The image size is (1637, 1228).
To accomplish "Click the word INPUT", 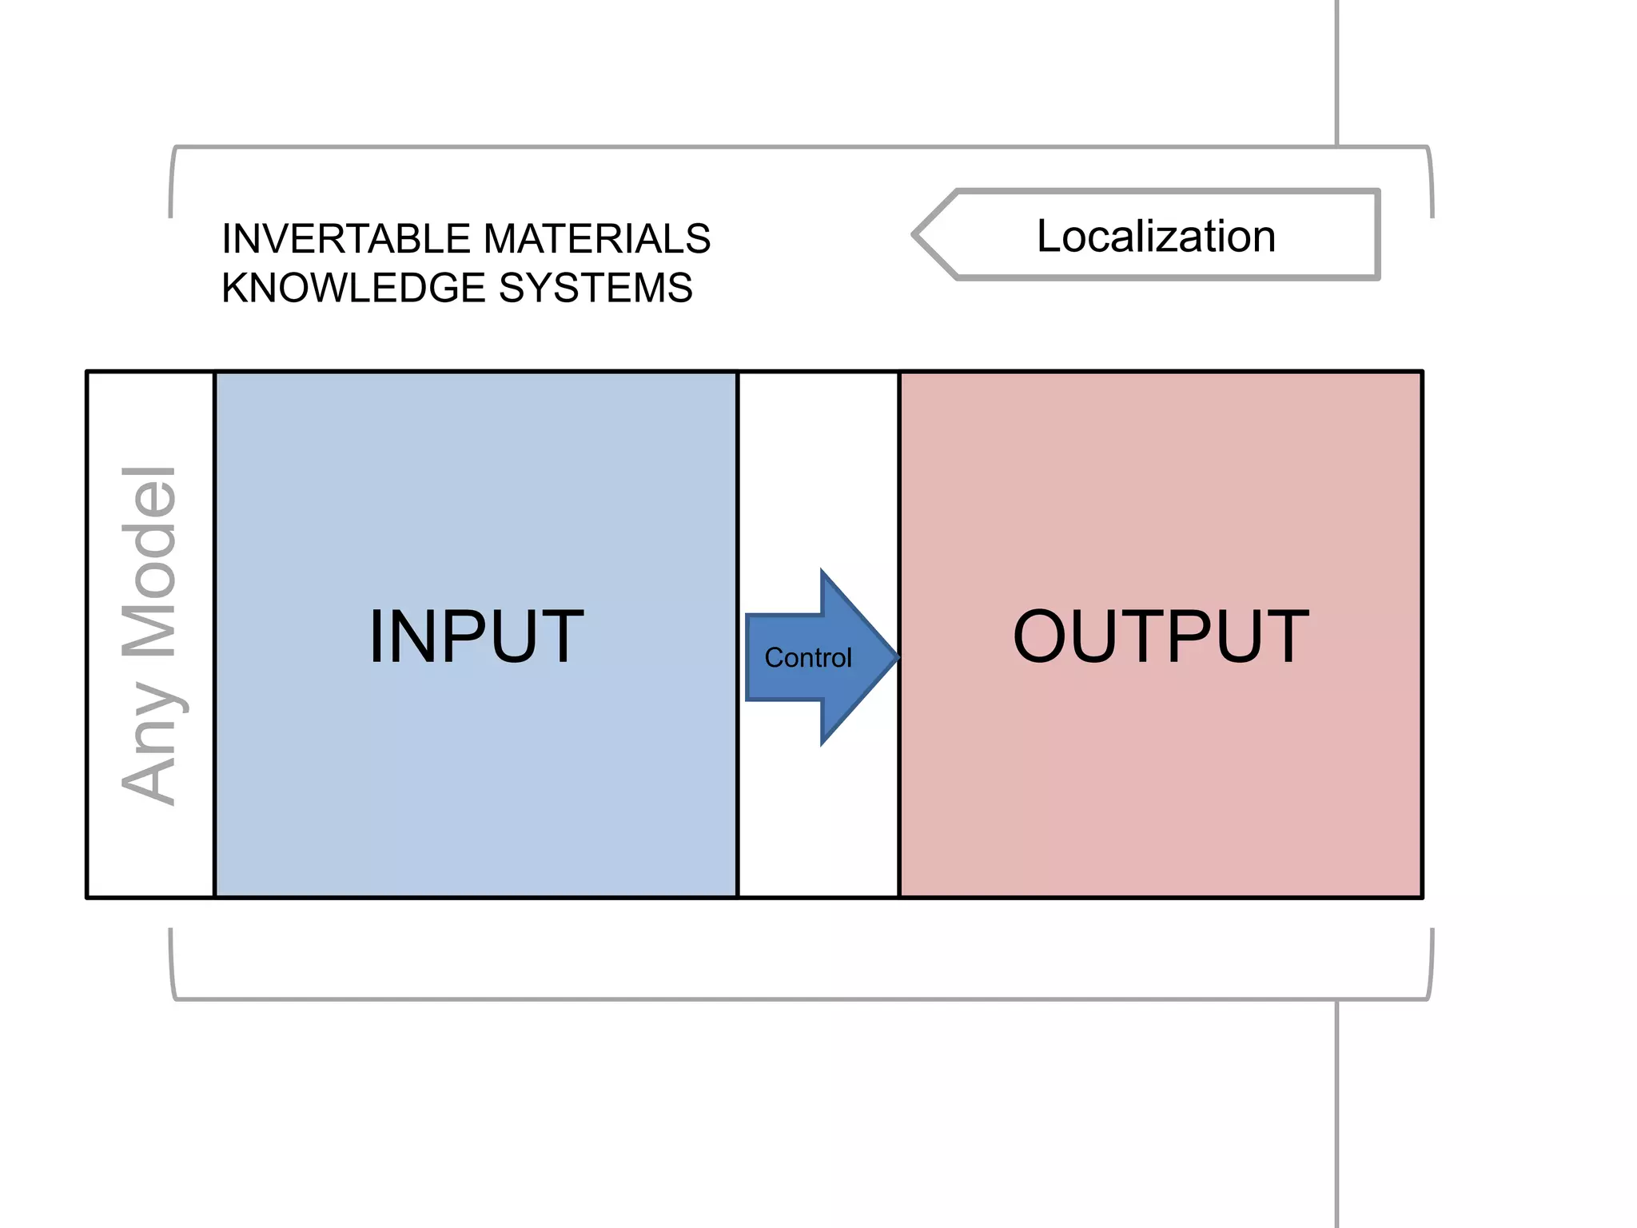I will [x=476, y=636].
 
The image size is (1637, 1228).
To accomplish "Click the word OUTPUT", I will [x=1161, y=636].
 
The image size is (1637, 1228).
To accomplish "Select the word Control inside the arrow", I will [x=807, y=658].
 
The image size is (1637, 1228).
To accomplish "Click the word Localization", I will [x=1156, y=236].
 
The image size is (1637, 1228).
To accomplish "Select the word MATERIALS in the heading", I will [x=596, y=239].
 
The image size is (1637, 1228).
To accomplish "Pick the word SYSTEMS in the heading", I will [x=595, y=288].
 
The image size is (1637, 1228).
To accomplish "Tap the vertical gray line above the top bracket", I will [x=1336, y=72].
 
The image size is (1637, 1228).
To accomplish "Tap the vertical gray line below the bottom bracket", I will [x=1336, y=1111].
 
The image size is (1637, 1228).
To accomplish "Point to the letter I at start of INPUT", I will [x=377, y=636].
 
